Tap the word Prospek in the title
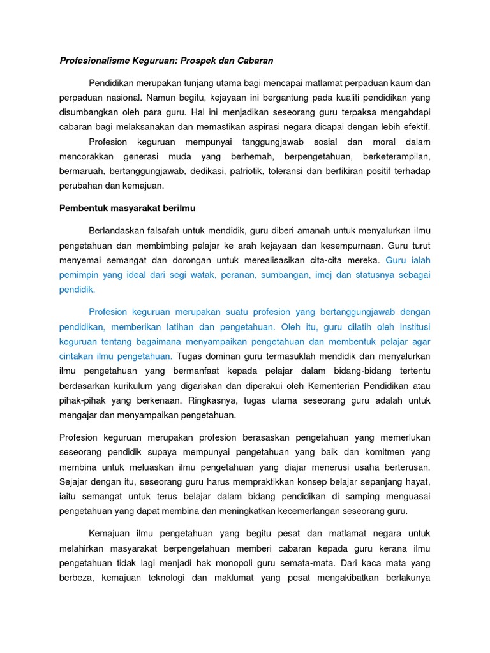pos(204,61)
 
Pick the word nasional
pos(120,97)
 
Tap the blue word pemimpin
pos(79,275)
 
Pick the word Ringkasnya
pos(212,400)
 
